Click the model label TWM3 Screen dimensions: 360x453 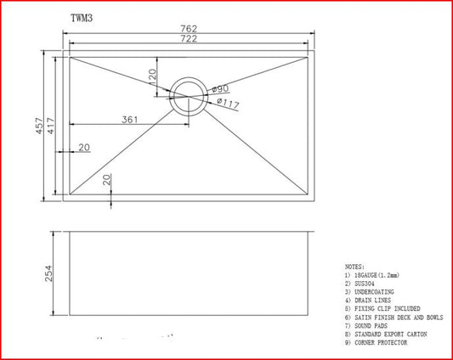click(x=82, y=16)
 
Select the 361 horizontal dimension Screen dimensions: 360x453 click(x=129, y=120)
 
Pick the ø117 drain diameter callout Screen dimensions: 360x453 click(x=227, y=104)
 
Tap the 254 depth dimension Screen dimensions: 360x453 click(x=48, y=273)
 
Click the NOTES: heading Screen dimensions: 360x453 click(x=355, y=267)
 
